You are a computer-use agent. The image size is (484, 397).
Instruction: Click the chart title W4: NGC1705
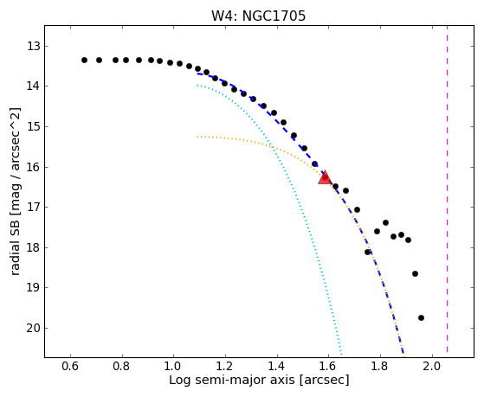(258, 16)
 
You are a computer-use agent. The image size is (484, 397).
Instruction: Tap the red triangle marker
(325, 177)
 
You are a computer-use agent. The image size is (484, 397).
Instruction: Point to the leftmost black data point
(84, 60)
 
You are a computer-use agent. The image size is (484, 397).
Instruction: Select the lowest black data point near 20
(421, 317)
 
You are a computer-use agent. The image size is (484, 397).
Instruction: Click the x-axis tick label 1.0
(173, 367)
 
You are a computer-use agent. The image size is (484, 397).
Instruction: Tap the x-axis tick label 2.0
(432, 367)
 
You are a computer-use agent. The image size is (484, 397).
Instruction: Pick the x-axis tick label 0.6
(70, 367)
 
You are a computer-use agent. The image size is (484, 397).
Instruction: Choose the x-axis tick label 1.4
(277, 367)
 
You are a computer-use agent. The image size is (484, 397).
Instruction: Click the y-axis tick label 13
(33, 46)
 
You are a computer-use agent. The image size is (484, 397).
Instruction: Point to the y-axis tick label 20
(33, 328)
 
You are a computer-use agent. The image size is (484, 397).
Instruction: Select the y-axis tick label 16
(33, 167)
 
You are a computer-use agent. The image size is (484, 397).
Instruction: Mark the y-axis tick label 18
(33, 247)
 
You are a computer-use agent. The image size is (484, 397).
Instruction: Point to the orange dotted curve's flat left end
(198, 137)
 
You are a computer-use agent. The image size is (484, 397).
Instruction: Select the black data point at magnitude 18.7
(415, 273)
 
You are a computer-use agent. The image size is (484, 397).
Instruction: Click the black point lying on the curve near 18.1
(367, 252)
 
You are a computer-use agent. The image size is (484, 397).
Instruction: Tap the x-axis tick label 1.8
(380, 367)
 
